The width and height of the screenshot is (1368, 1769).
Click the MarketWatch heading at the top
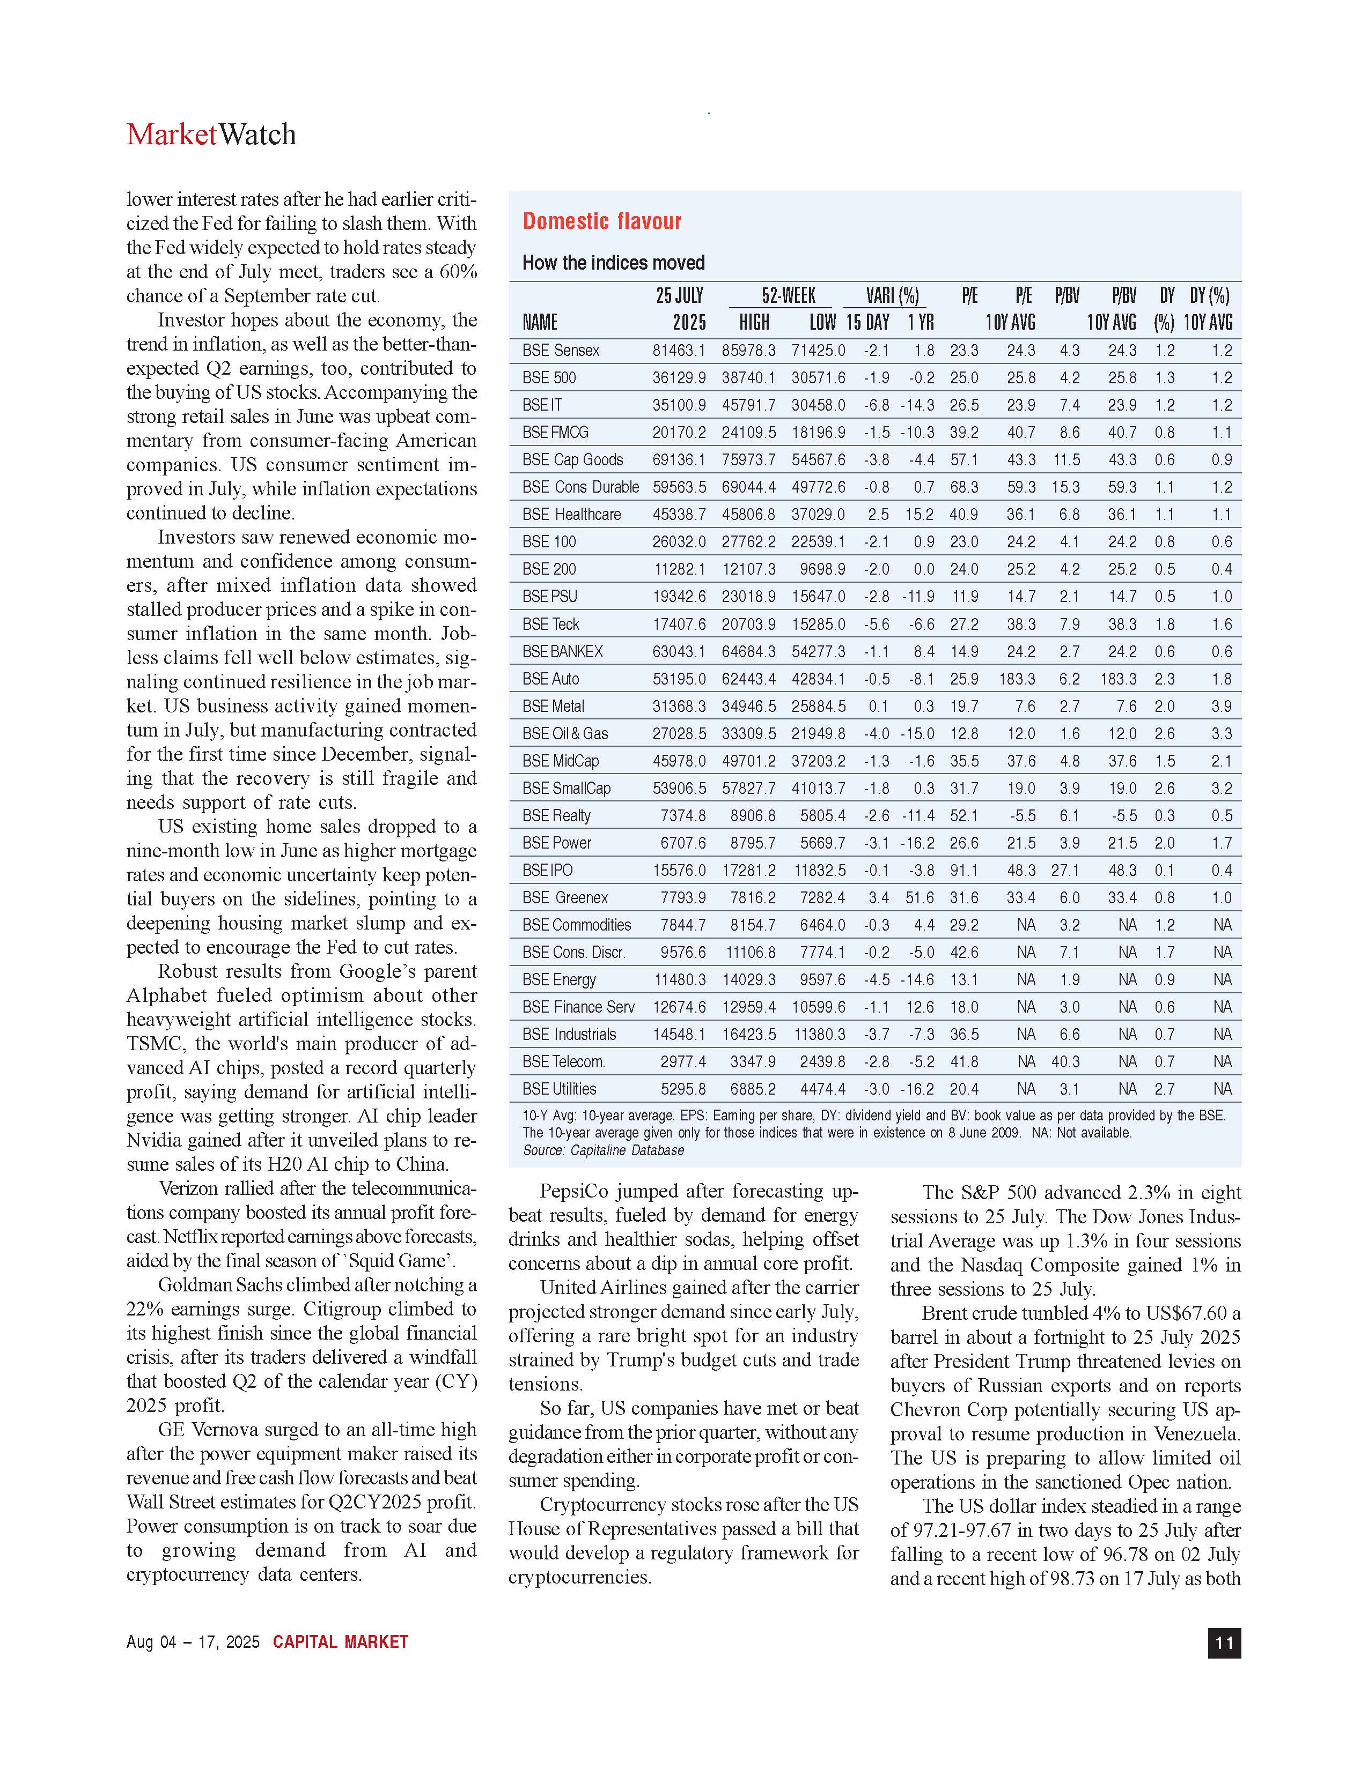pyautogui.click(x=211, y=135)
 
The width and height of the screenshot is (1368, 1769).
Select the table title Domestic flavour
pyautogui.click(x=601, y=221)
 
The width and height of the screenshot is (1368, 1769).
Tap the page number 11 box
pyautogui.click(x=1224, y=1642)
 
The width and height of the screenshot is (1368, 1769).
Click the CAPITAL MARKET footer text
pyautogui.click(x=340, y=1642)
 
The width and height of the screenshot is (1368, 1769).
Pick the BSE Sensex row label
pyautogui.click(x=561, y=351)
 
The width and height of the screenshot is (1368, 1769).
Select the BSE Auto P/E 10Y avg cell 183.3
pyautogui.click(x=1017, y=679)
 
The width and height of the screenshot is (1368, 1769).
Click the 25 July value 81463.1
pyautogui.click(x=678, y=351)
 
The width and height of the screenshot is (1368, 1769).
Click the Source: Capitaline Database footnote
pyautogui.click(x=603, y=1150)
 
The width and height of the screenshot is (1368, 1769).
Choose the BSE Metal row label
pyautogui.click(x=554, y=707)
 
